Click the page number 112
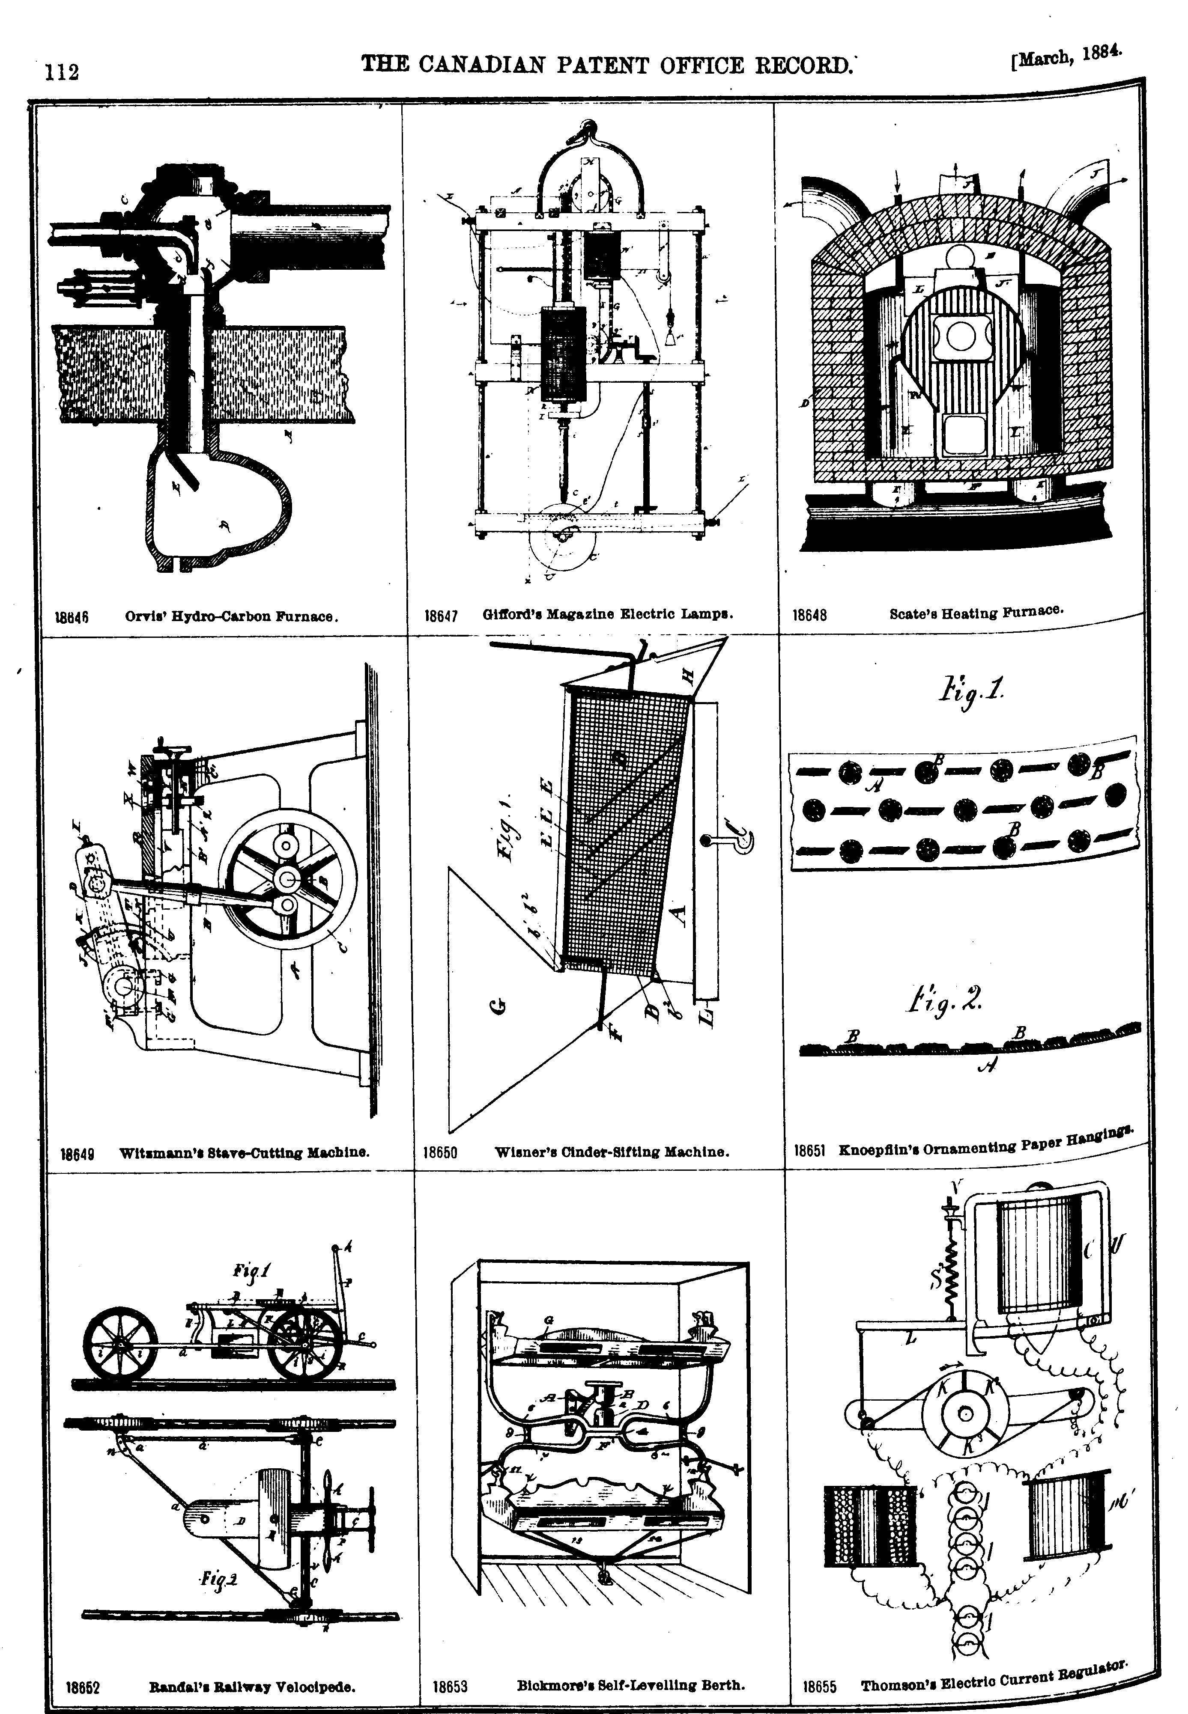point(62,72)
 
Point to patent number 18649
point(76,1154)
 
